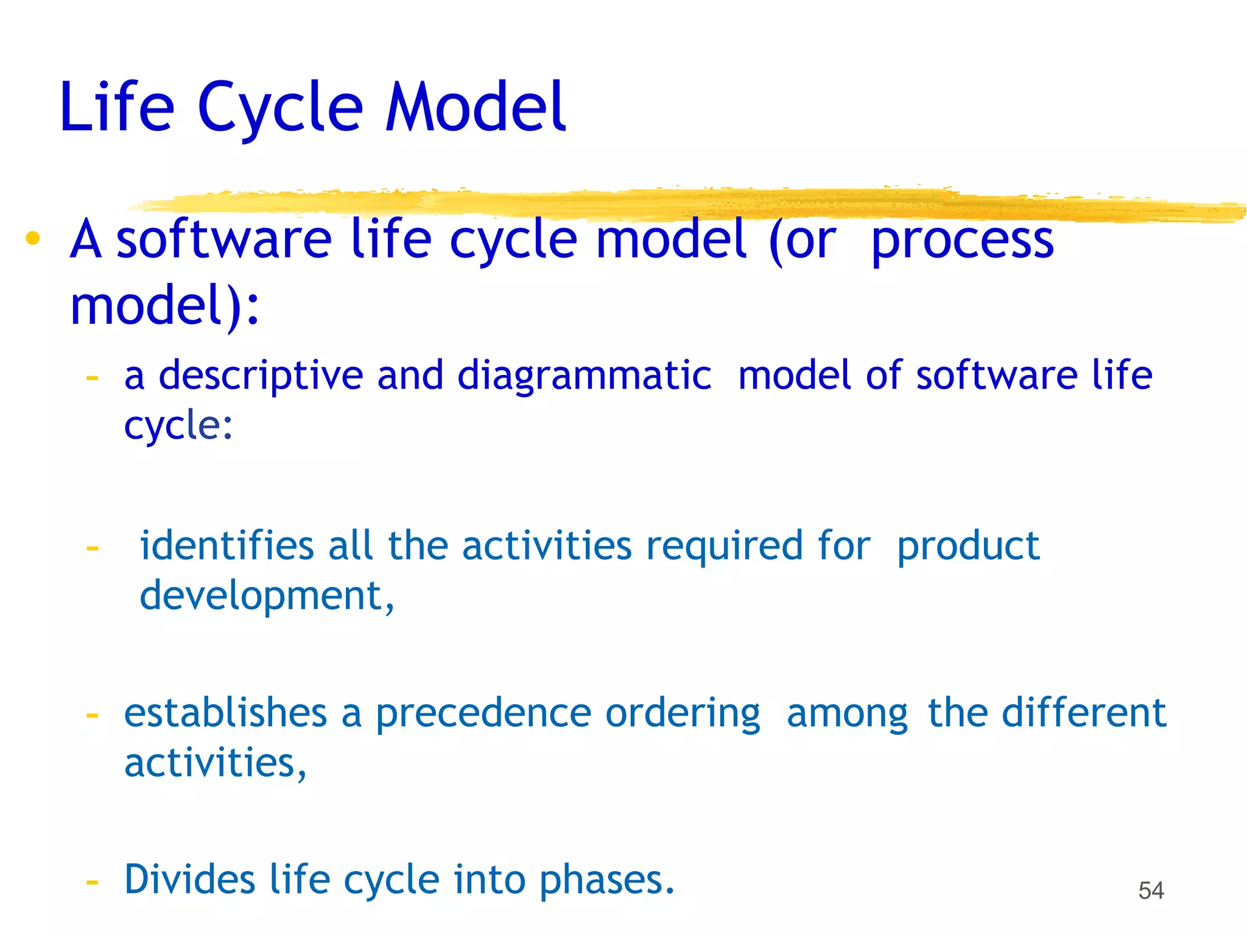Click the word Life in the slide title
[x=117, y=107]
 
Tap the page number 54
[x=1151, y=891]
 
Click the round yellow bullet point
[x=33, y=239]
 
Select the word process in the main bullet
[x=962, y=241]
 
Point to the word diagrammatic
[x=584, y=376]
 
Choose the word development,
[x=267, y=596]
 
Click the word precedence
[x=483, y=713]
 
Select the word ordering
[x=683, y=713]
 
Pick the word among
[x=847, y=713]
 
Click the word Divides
[x=189, y=880]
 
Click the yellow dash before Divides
[x=92, y=882]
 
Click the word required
[x=725, y=546]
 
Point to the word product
[x=968, y=546]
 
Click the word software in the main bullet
[x=223, y=240]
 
